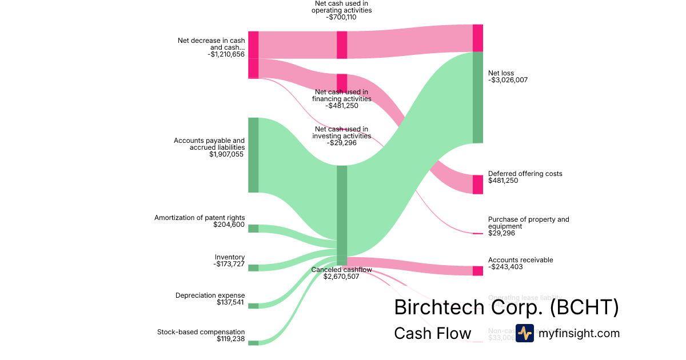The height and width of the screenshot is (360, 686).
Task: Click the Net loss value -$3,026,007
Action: pyautogui.click(x=508, y=80)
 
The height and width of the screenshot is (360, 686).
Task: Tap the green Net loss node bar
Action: pyautogui.click(x=478, y=97)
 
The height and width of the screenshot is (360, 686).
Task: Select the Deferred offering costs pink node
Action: pyautogui.click(x=478, y=184)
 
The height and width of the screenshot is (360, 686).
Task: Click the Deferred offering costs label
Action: pyautogui.click(x=525, y=174)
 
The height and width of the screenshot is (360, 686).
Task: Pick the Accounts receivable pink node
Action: pyautogui.click(x=478, y=271)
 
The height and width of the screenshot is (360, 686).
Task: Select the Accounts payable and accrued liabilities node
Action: pyautogui.click(x=253, y=155)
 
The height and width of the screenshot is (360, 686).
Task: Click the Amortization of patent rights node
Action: pyautogui.click(x=253, y=229)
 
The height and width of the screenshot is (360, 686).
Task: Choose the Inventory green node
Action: pyautogui.click(x=253, y=268)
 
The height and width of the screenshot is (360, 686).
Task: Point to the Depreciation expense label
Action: pyautogui.click(x=210, y=295)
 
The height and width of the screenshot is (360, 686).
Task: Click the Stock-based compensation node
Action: pyautogui.click(x=253, y=343)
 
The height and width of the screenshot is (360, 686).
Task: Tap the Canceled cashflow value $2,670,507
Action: pyautogui.click(x=341, y=277)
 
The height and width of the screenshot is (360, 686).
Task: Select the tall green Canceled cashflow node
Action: pyautogui.click(x=342, y=211)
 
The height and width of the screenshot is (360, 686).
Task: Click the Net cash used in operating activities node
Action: pyautogui.click(x=342, y=45)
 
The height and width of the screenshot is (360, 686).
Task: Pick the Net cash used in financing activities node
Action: pyautogui.click(x=342, y=82)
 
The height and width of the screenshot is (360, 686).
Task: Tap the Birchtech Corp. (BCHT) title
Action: pyautogui.click(x=506, y=307)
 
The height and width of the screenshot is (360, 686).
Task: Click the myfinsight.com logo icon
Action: pyautogui.click(x=524, y=333)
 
